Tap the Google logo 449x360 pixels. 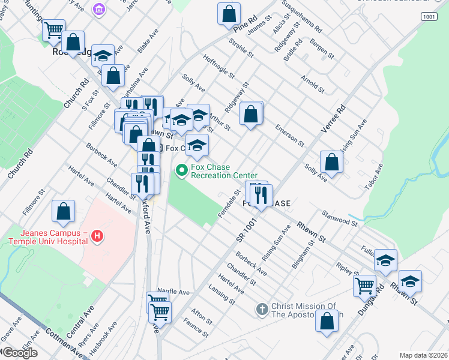coord(19,353)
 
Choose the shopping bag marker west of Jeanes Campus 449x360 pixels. coord(63,211)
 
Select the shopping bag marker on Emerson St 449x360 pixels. coord(251,113)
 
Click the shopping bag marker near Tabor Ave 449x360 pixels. coord(331,161)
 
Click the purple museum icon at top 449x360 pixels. coord(99,9)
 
